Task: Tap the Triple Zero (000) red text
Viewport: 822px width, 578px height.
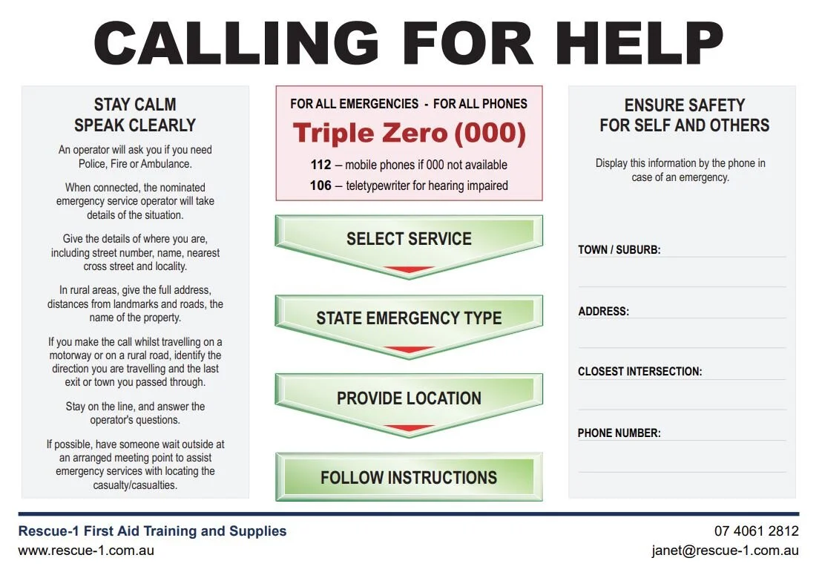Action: pos(409,134)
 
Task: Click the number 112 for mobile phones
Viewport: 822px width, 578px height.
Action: pos(320,165)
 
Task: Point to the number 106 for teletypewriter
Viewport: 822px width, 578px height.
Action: pos(320,185)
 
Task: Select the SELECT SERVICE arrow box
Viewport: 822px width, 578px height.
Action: pos(409,239)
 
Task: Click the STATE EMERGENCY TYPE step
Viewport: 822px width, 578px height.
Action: pos(409,318)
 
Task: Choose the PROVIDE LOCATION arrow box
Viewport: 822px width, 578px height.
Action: pos(409,398)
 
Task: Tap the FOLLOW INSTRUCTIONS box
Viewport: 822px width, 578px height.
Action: pos(409,477)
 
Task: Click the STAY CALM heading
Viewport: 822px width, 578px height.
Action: pos(135,105)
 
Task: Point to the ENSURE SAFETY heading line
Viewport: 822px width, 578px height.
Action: pos(684,105)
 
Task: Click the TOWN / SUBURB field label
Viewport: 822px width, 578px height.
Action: pos(619,250)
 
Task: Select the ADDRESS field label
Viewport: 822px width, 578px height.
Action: pos(603,312)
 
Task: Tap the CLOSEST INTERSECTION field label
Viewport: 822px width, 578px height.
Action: pos(639,372)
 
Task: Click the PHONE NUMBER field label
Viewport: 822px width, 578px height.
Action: pos(619,433)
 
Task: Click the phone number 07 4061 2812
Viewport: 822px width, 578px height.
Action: pos(756,531)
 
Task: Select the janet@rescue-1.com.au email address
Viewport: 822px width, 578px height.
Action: pos(725,551)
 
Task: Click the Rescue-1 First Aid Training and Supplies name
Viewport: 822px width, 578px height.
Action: pos(152,531)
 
